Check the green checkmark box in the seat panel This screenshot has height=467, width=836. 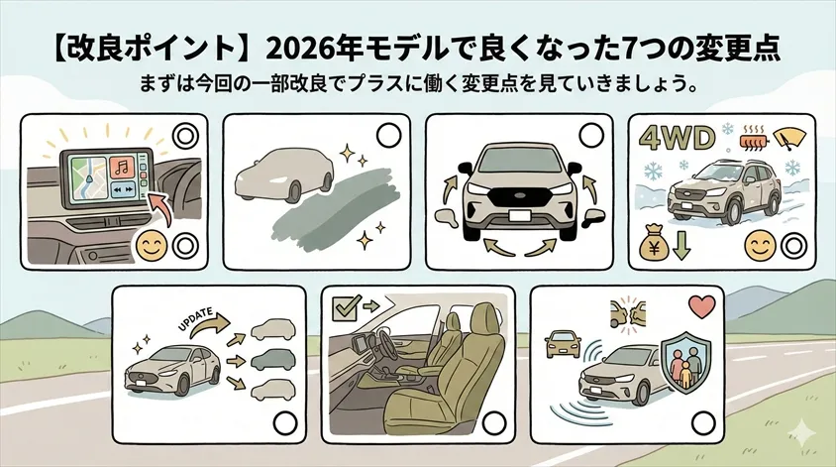coord(345,304)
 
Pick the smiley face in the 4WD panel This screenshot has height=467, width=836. coord(760,243)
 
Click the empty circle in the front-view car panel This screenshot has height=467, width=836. coord(590,135)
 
